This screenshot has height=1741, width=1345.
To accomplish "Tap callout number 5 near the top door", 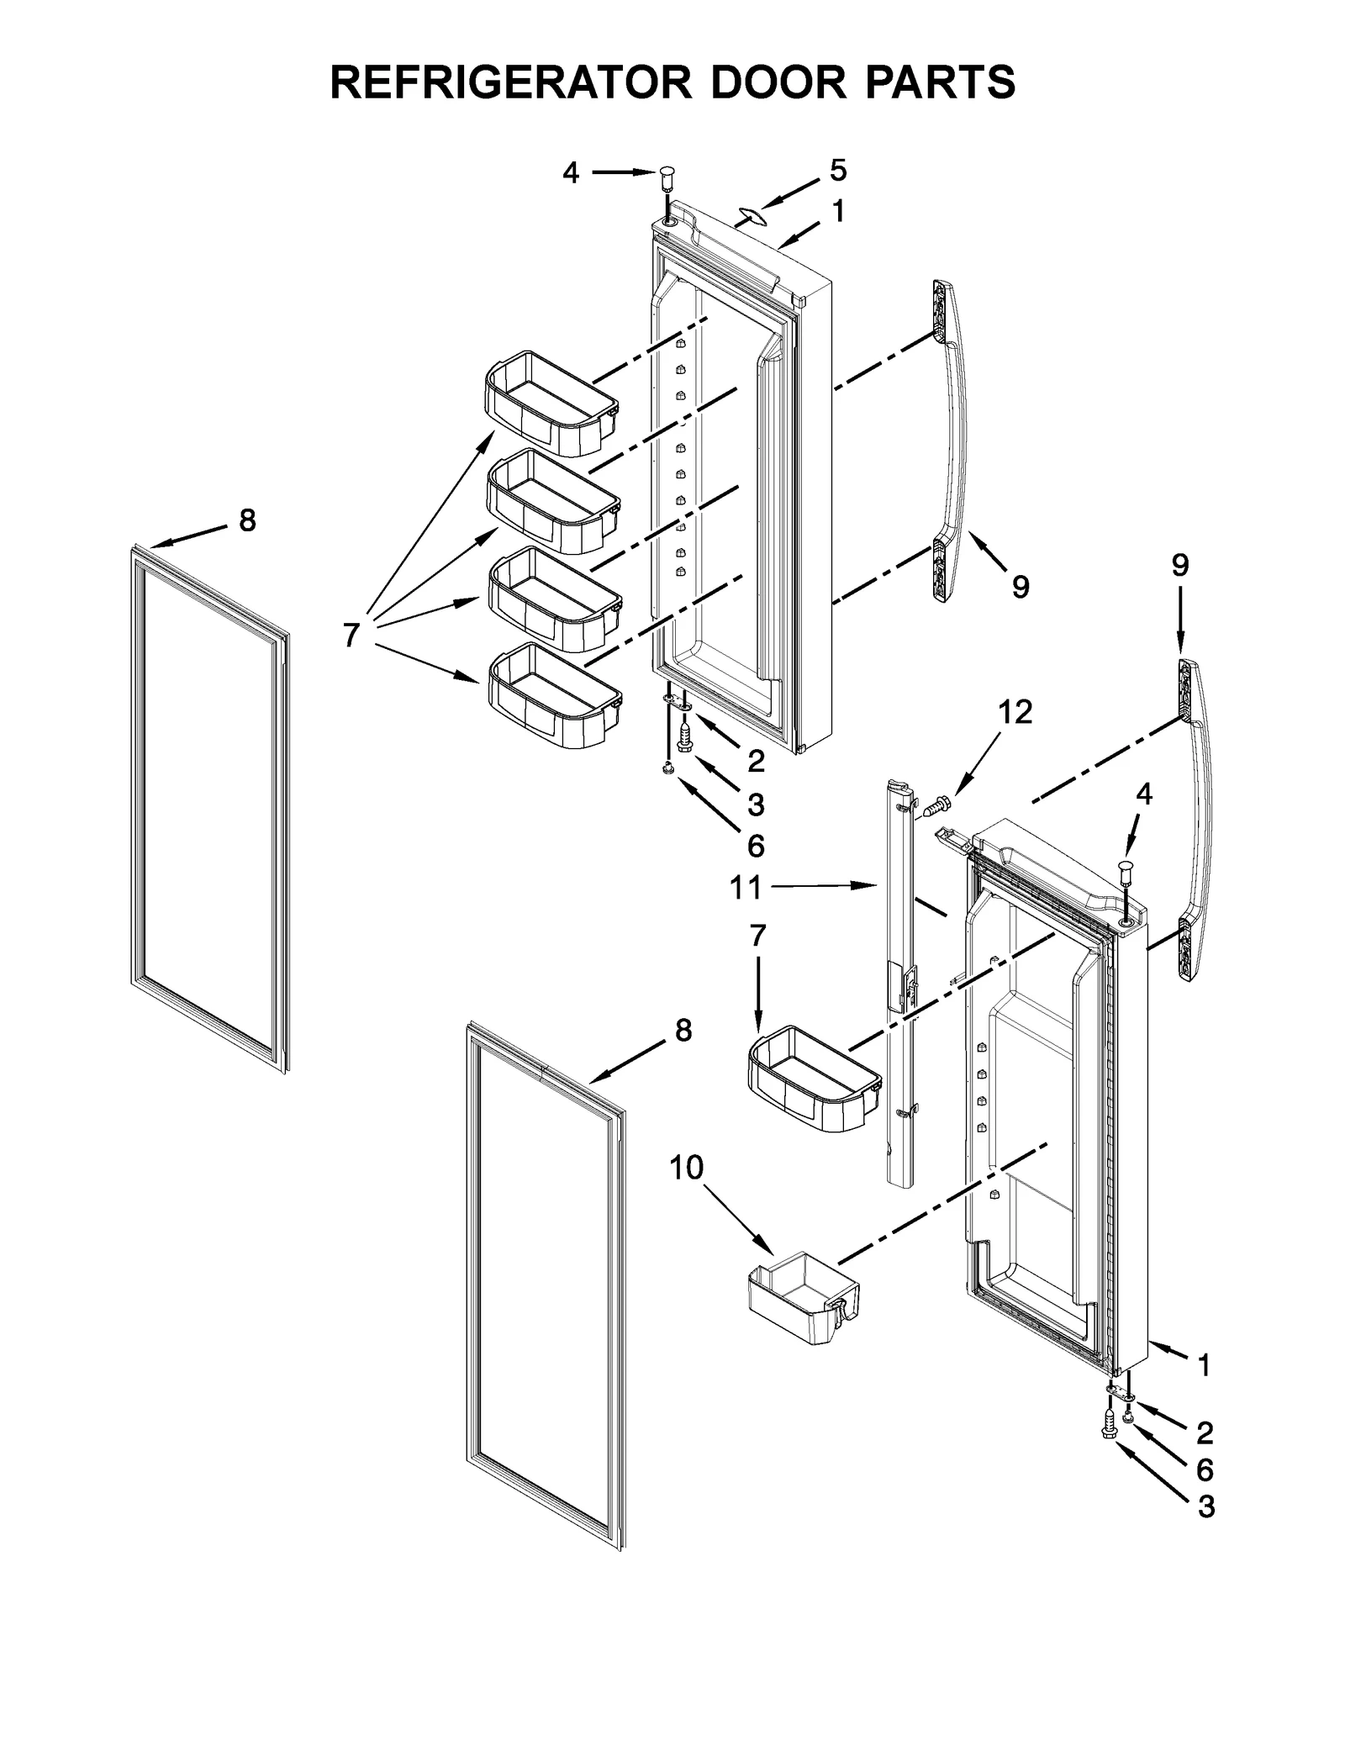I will pyautogui.click(x=838, y=171).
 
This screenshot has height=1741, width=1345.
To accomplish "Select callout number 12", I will pyautogui.click(x=1015, y=712).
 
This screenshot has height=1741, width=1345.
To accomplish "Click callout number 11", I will pyautogui.click(x=746, y=887).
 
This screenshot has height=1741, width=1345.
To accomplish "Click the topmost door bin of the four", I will pyautogui.click(x=551, y=403).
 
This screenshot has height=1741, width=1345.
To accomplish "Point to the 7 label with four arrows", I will pyautogui.click(x=351, y=635).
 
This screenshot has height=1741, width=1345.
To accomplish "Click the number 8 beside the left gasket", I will pyautogui.click(x=247, y=520).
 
